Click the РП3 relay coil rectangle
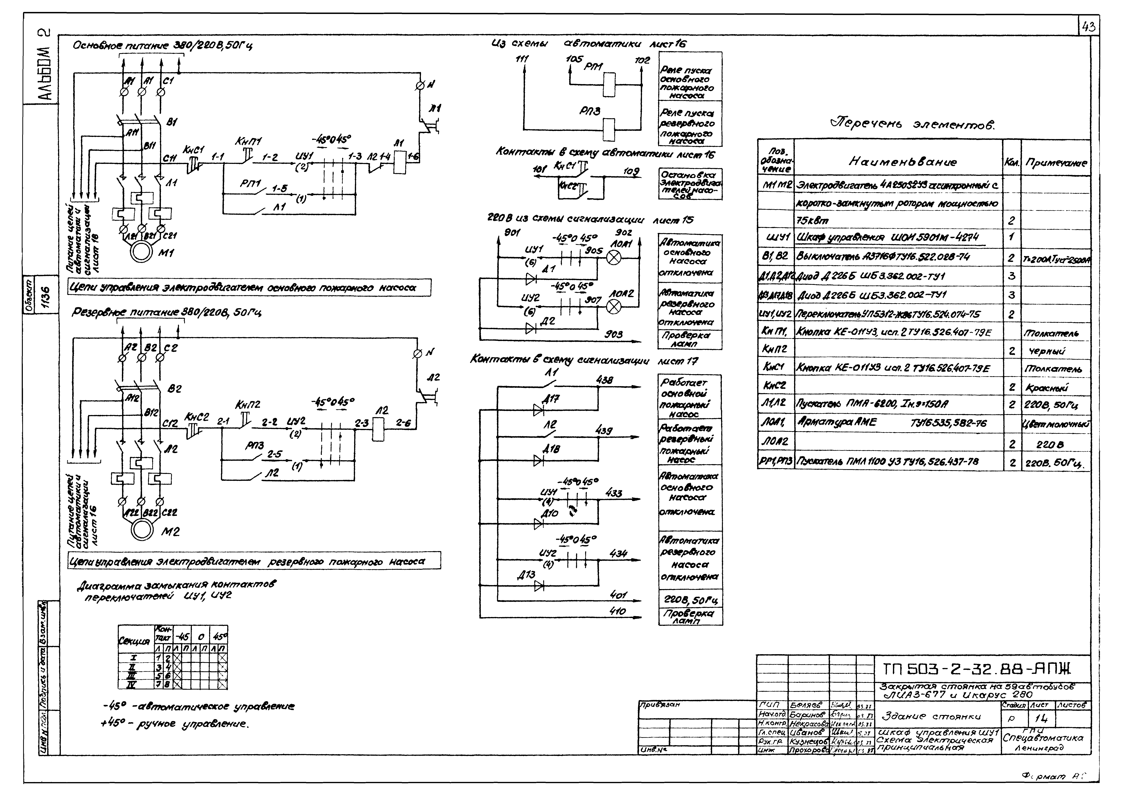tap(609, 130)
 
